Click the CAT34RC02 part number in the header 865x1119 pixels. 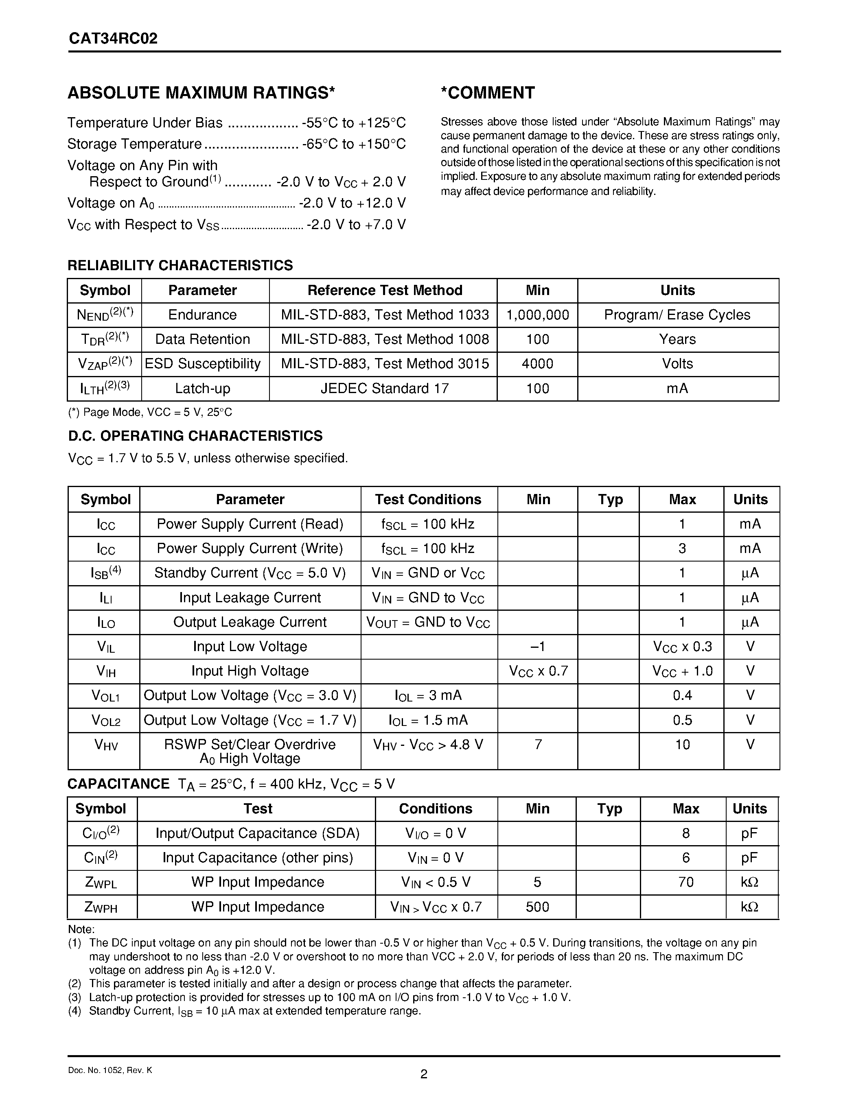point(113,39)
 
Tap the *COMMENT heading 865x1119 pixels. point(488,93)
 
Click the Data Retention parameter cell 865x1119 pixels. point(202,339)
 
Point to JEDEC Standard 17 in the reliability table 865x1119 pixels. point(384,388)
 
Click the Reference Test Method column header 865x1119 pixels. point(384,291)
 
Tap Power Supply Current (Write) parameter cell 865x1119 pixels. point(250,549)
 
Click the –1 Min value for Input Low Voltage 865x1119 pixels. point(538,647)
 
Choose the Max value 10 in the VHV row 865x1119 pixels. point(682,745)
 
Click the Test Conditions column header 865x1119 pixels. point(428,500)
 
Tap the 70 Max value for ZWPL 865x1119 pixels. point(685,882)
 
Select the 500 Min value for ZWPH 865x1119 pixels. point(537,907)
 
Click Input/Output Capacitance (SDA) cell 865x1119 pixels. point(257,834)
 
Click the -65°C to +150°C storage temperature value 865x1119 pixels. point(354,144)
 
